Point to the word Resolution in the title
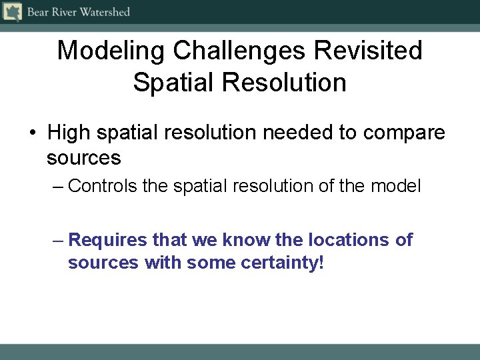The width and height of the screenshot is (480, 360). (284, 83)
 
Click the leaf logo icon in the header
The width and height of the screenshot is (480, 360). (13, 12)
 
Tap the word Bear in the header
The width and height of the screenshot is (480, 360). (38, 12)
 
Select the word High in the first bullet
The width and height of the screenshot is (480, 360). (69, 133)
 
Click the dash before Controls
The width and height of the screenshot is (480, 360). (57, 186)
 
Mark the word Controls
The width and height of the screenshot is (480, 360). (103, 185)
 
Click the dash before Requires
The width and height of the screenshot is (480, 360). (57, 240)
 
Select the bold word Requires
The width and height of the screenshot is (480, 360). (108, 239)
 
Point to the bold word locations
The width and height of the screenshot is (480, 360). (348, 239)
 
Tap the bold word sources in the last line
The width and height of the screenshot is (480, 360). (103, 263)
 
